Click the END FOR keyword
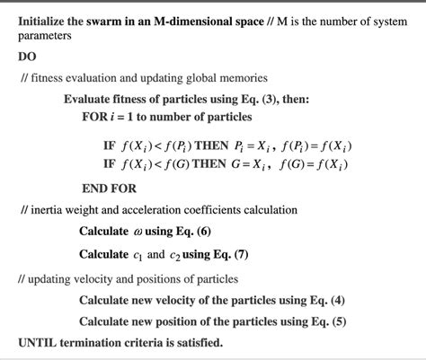[x=110, y=189]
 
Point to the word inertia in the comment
[x=49, y=210]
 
